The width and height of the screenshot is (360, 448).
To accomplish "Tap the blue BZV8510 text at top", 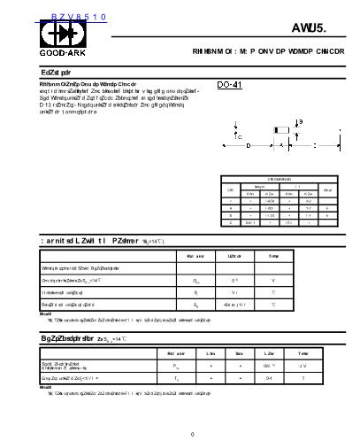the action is click(x=54, y=16).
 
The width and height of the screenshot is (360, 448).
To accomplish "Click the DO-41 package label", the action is click(x=230, y=84).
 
